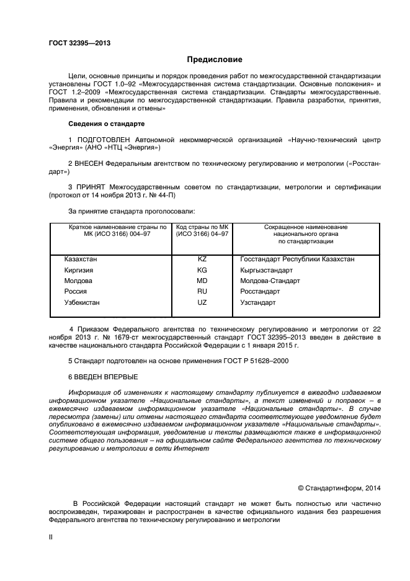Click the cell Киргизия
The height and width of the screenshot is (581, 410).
point(79,270)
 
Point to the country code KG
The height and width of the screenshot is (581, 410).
point(202,270)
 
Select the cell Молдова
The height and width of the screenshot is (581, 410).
point(78,281)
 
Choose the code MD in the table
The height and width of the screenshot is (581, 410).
point(202,281)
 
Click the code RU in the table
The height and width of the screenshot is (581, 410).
point(202,291)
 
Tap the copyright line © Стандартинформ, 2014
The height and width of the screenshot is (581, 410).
point(339,488)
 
